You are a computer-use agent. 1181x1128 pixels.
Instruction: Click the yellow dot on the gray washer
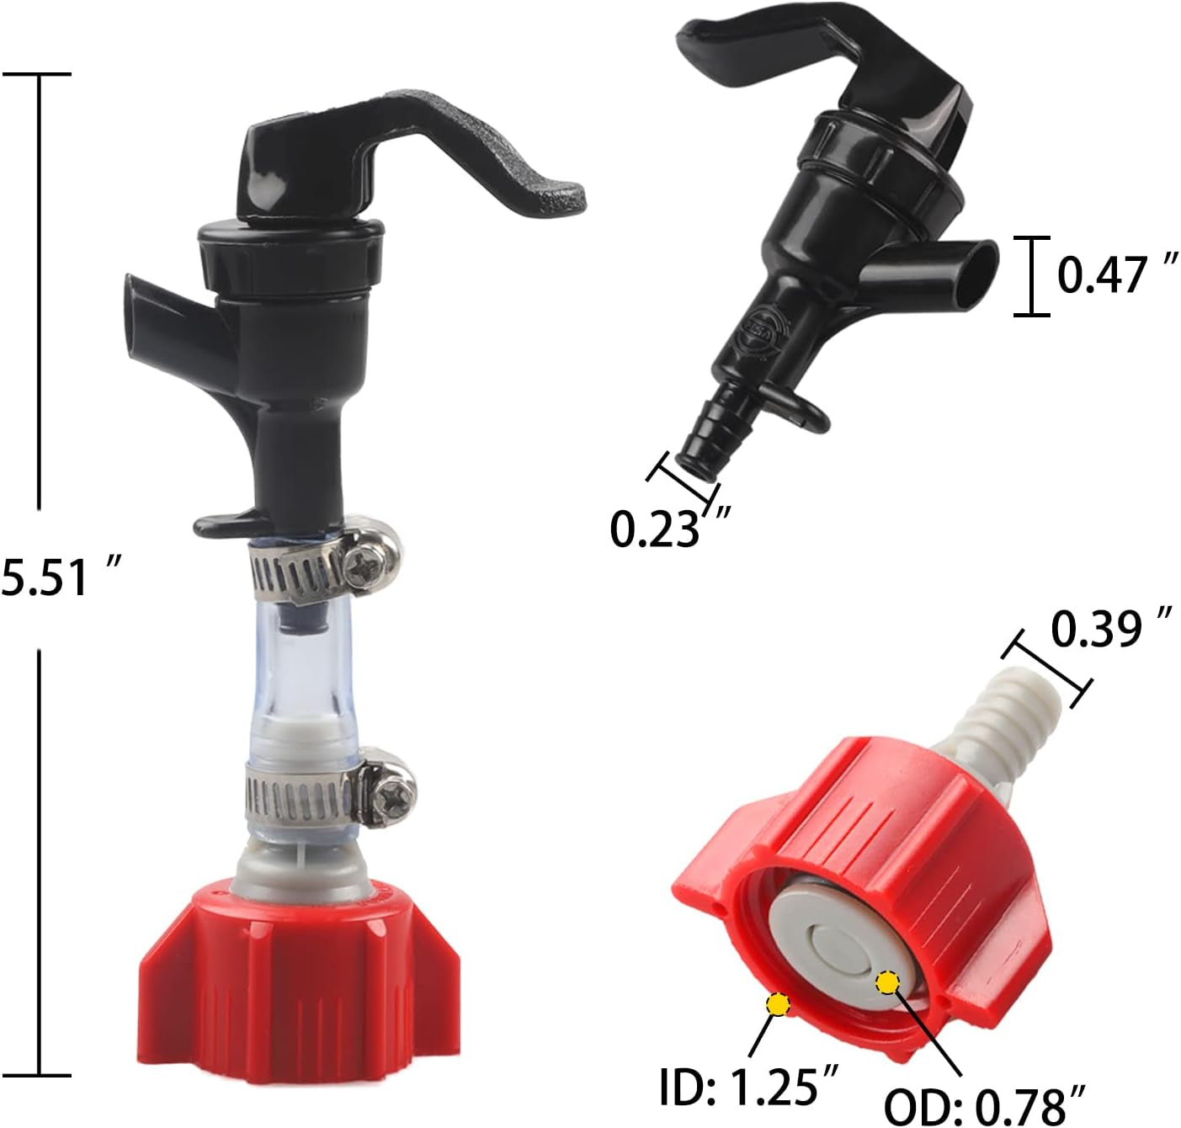pyautogui.click(x=888, y=982)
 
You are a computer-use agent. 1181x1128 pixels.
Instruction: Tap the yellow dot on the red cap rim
pyautogui.click(x=777, y=1004)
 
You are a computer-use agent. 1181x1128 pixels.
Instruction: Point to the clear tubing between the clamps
pyautogui.click(x=299, y=665)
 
